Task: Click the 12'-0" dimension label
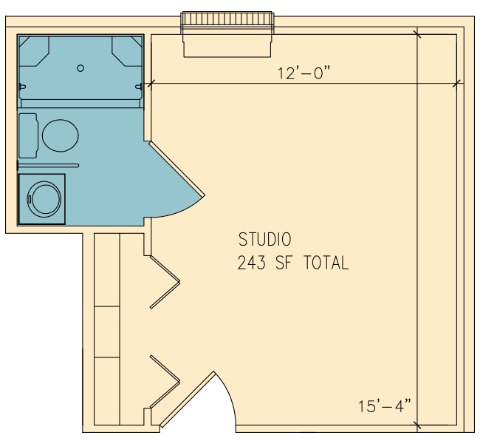point(304,73)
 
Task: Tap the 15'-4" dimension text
point(385,406)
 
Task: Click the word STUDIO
point(265,239)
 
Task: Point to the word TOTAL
point(326,263)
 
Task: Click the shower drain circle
point(80,68)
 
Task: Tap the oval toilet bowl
point(61,135)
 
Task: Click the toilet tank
point(29,135)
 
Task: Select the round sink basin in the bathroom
point(44,200)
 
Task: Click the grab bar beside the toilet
point(49,166)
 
